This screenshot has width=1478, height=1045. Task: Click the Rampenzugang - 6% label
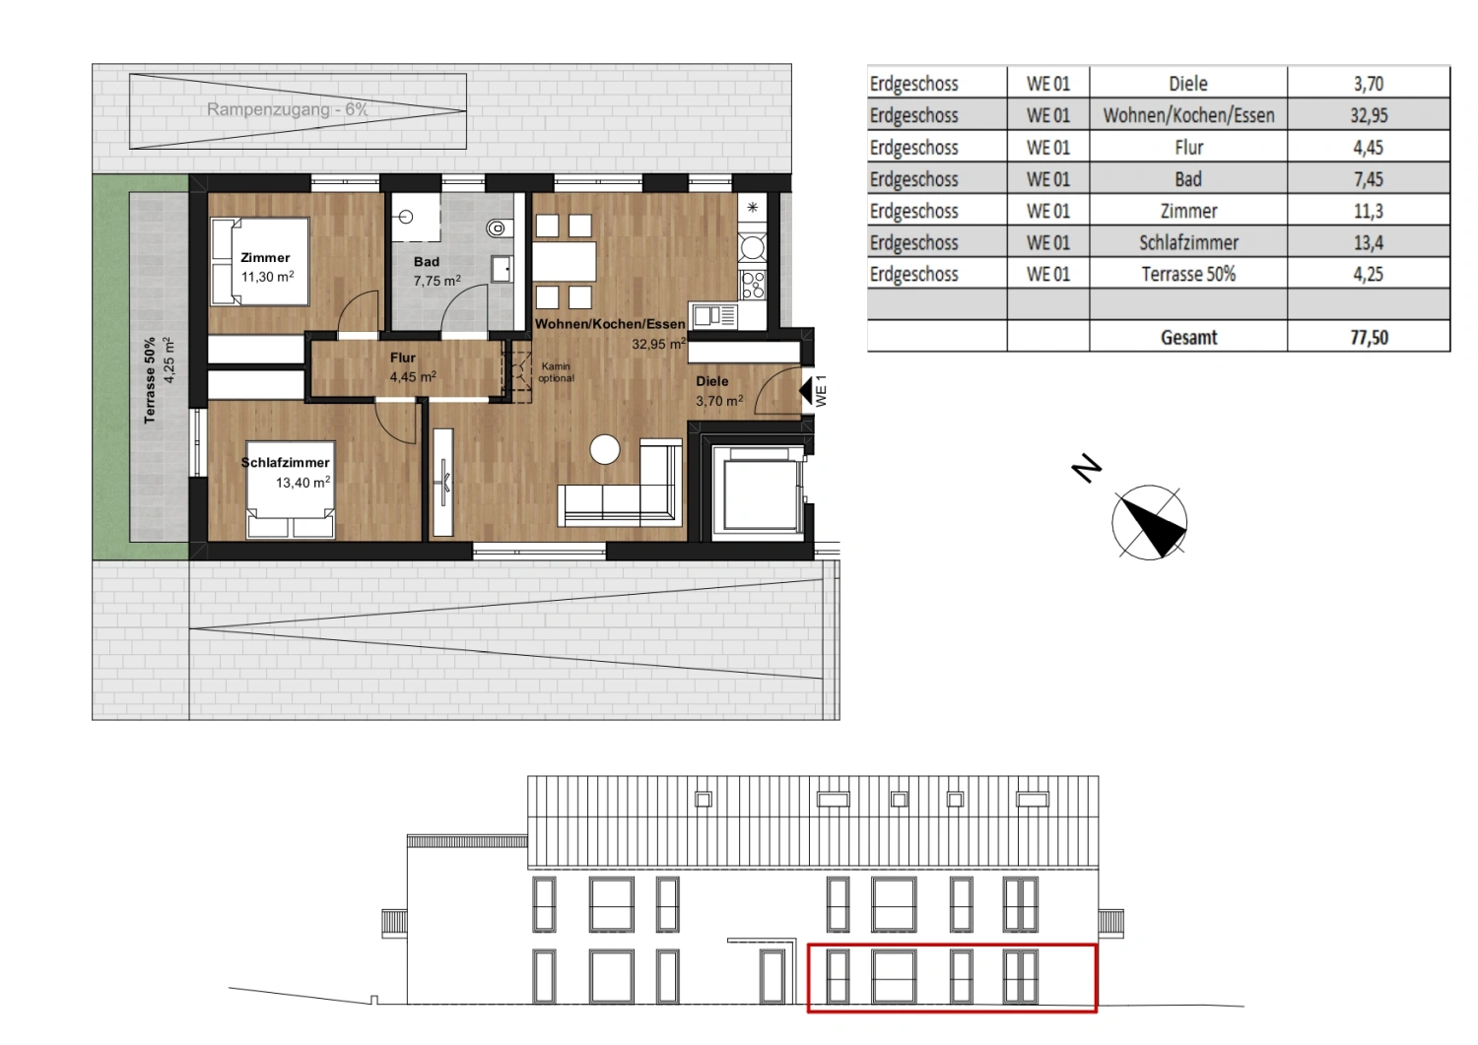[x=287, y=109]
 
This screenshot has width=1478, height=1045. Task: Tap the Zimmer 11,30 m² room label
[x=266, y=267]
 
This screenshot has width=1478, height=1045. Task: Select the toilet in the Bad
[x=499, y=229]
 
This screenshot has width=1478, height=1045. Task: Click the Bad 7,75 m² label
[x=434, y=271]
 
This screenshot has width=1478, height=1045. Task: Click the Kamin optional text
[x=556, y=372]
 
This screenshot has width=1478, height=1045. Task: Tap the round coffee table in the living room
[x=605, y=450]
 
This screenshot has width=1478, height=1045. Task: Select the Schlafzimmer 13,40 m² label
[x=287, y=472]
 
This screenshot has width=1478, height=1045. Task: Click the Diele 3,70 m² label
[x=716, y=390]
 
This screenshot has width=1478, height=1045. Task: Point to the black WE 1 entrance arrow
[x=807, y=390]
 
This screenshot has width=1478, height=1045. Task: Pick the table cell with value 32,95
[x=1368, y=115]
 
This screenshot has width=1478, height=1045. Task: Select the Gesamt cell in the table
[x=1188, y=337]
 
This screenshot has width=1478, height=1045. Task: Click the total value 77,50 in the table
[x=1368, y=337]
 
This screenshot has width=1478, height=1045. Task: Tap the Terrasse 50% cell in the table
[x=1188, y=274]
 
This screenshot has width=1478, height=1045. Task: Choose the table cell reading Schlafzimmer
[x=1188, y=242]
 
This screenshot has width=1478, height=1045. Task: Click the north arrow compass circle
[x=1149, y=522]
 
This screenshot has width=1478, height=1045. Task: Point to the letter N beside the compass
[x=1086, y=468]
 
